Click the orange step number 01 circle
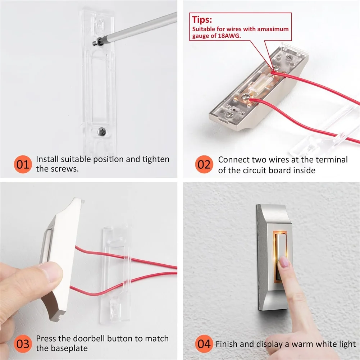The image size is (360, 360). (23, 164)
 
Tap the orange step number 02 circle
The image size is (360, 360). (204, 164)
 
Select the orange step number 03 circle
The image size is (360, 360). (23, 343)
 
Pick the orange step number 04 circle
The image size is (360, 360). (204, 343)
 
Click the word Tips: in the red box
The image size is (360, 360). (202, 20)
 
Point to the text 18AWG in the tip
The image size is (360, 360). (228, 36)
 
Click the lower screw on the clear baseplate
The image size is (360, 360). (102, 132)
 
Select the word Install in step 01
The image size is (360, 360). (47, 159)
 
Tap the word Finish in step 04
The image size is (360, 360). (226, 344)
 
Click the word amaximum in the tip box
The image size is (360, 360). (273, 29)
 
